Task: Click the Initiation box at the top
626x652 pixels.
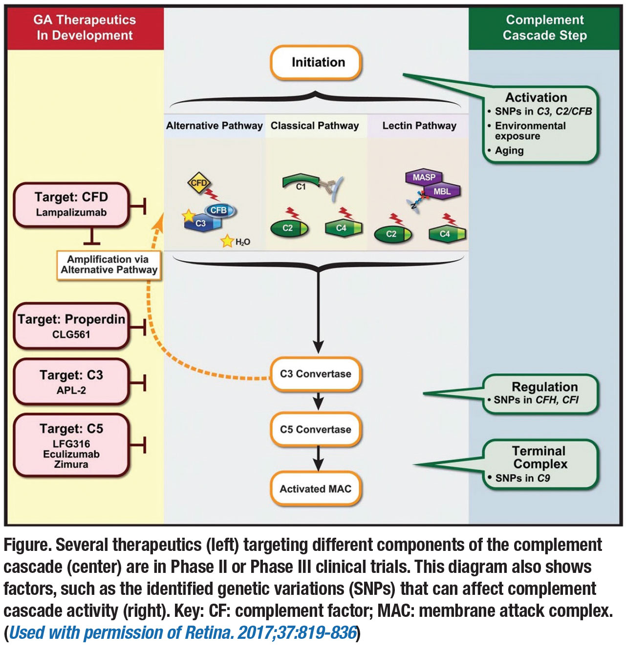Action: tap(316, 63)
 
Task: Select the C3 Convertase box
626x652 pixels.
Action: tap(316, 374)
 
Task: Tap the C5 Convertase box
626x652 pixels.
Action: tap(316, 430)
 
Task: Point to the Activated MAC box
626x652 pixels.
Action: tap(316, 489)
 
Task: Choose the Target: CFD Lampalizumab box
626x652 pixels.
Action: tap(71, 205)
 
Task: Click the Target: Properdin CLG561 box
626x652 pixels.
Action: tap(71, 326)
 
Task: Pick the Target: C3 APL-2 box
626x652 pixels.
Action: tap(71, 382)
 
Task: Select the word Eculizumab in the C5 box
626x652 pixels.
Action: tap(71, 454)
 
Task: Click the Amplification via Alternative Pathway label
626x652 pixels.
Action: tap(109, 265)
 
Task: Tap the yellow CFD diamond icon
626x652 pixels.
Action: tap(198, 183)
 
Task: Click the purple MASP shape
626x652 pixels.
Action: tap(424, 177)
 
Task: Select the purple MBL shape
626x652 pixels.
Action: tap(442, 191)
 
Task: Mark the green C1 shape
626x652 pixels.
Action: tap(300, 183)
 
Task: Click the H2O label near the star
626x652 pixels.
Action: tap(243, 242)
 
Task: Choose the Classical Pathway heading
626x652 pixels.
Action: tap(315, 126)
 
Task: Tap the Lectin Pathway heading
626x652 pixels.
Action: tap(419, 126)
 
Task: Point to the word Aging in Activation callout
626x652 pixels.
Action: tap(509, 151)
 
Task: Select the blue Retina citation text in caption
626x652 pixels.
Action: tap(183, 633)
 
